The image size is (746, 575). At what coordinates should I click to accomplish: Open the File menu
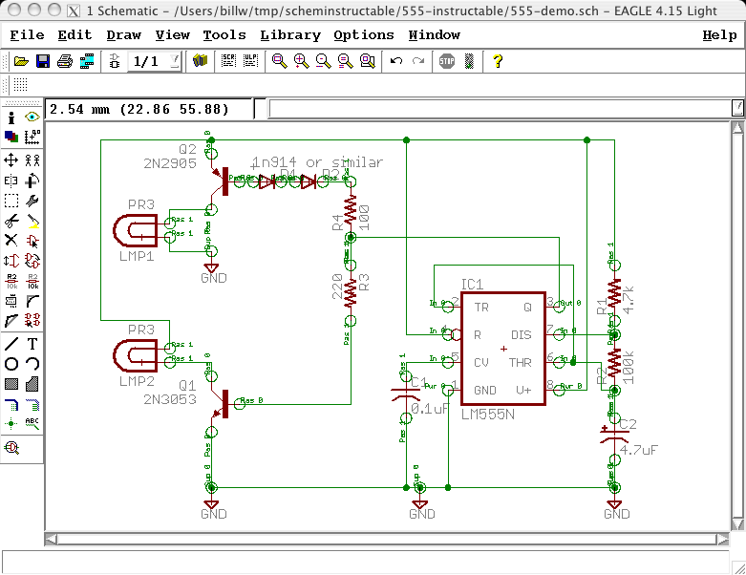[x=27, y=35]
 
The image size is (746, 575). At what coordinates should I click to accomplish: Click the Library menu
[x=289, y=35]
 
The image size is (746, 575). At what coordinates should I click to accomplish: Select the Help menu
[x=719, y=35]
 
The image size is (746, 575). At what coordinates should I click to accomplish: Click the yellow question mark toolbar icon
[x=498, y=61]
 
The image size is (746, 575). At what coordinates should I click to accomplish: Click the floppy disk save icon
[x=43, y=61]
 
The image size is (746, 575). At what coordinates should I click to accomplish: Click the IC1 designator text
[x=472, y=285]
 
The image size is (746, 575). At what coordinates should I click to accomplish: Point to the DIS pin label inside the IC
[x=522, y=335]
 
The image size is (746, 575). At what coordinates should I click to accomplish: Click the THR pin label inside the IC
[x=521, y=363]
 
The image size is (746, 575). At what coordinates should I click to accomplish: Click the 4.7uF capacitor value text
[x=637, y=449]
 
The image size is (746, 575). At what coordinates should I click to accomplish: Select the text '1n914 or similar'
[x=318, y=161]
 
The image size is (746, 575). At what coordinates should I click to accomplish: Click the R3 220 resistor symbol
[x=350, y=290]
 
